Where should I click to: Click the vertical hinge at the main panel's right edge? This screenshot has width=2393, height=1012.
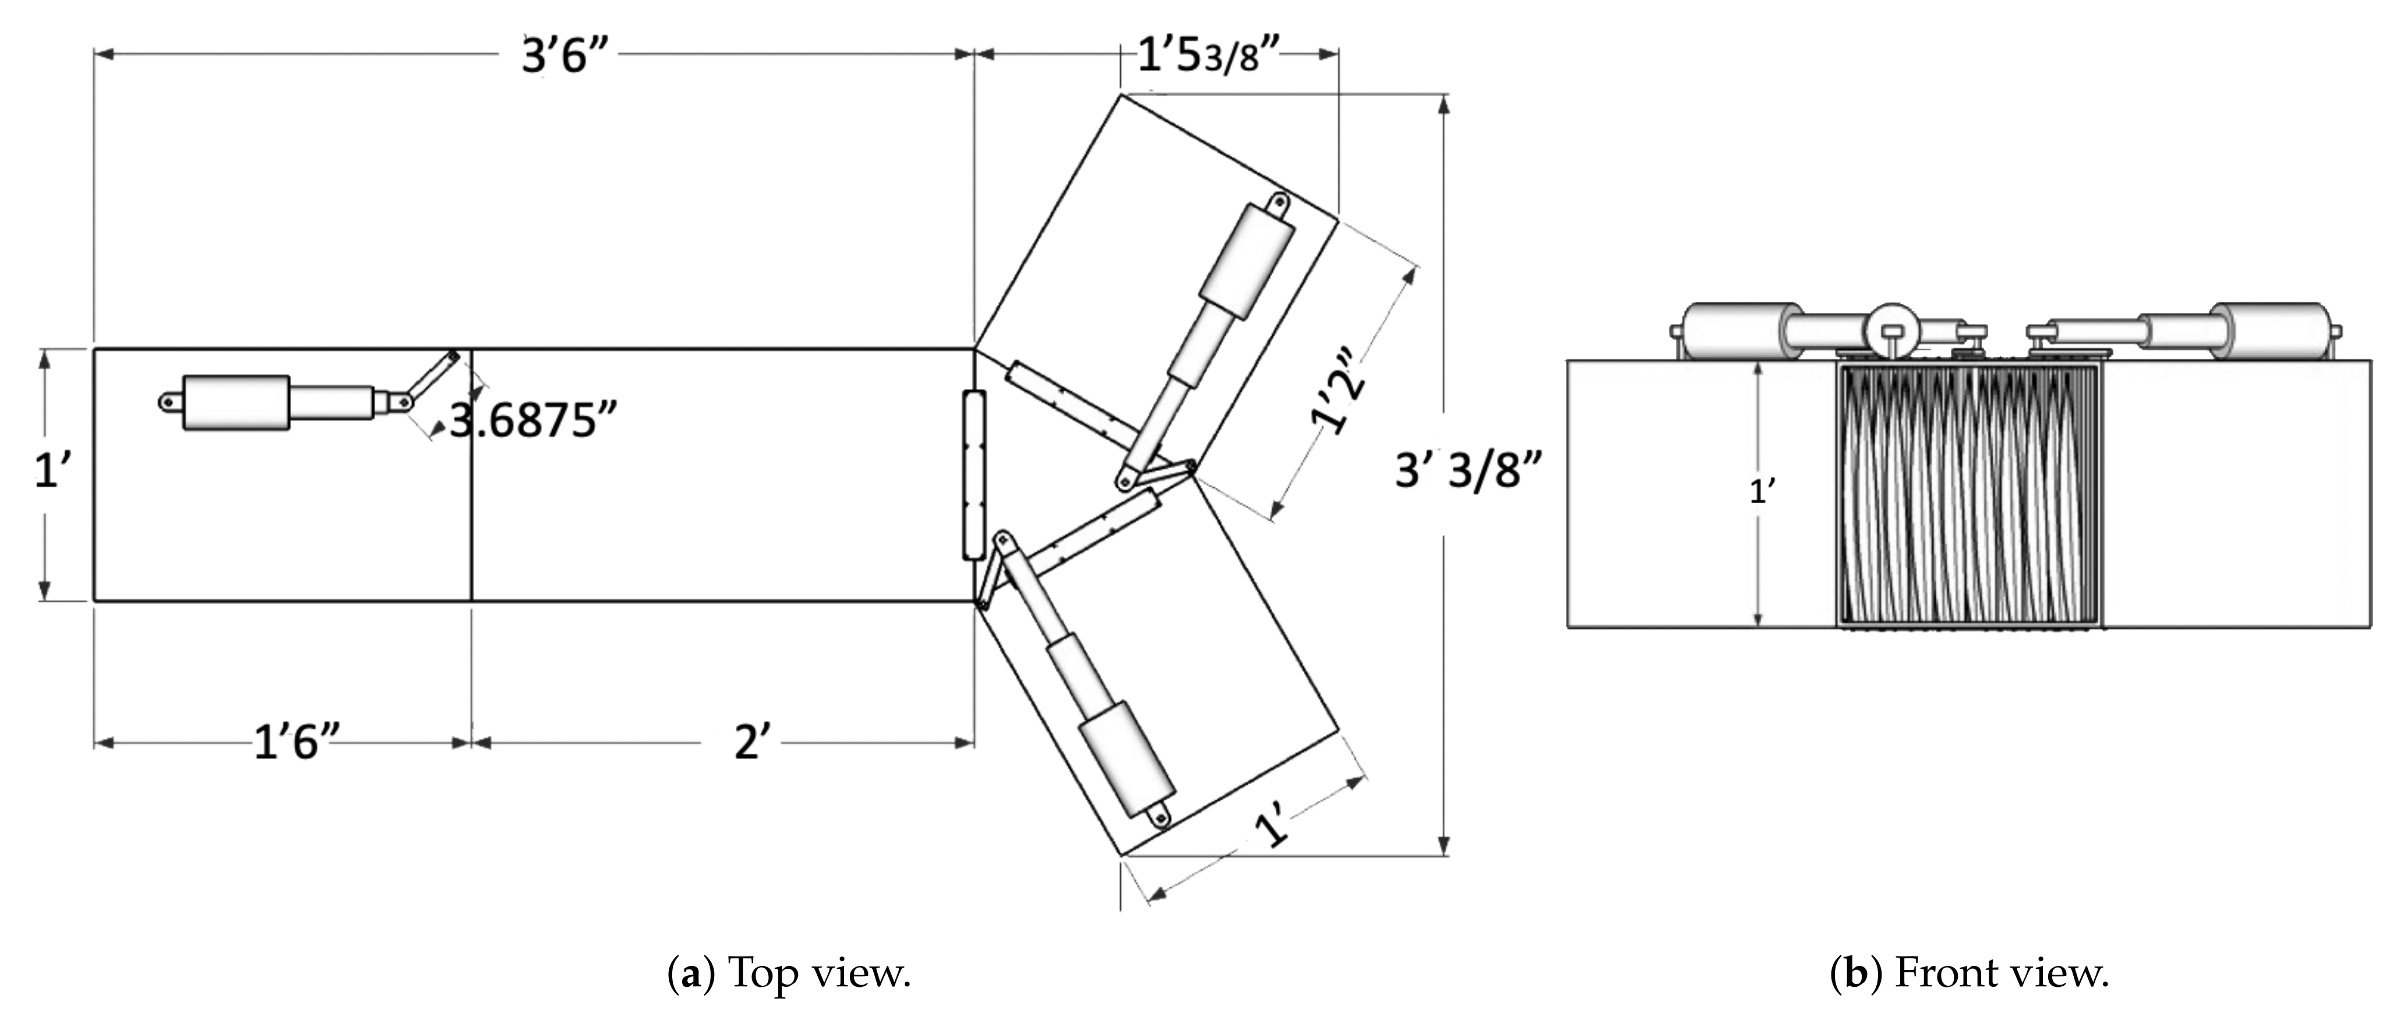973,475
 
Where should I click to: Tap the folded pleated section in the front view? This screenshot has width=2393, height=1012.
1970,494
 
